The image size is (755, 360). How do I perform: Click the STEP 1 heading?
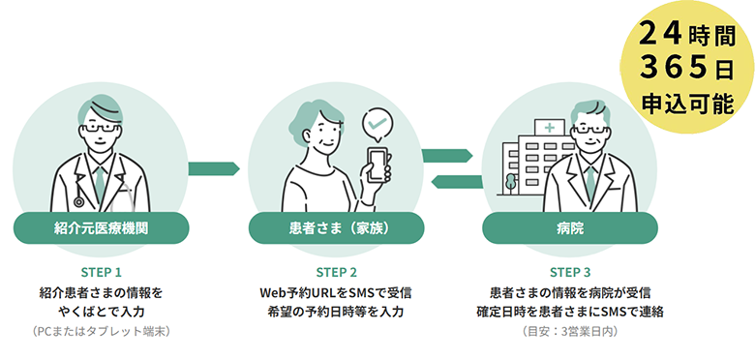(x=101, y=272)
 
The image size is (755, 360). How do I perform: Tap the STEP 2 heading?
(x=337, y=272)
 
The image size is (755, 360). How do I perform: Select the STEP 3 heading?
(x=570, y=272)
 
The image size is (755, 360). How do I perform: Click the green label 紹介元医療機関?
(x=101, y=228)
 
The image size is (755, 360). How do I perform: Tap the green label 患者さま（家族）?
(x=336, y=228)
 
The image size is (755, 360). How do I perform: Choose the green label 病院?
(x=570, y=228)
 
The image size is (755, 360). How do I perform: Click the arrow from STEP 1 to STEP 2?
(x=214, y=169)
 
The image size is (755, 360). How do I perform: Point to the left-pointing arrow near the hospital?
(x=457, y=182)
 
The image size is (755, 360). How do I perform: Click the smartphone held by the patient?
(x=378, y=165)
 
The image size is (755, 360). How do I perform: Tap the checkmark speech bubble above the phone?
(x=377, y=124)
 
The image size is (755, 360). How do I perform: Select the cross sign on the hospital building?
(x=549, y=128)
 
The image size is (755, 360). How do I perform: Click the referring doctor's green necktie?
(x=100, y=183)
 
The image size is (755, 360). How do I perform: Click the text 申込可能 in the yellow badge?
(x=687, y=104)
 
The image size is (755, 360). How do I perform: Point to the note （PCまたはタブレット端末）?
(x=101, y=332)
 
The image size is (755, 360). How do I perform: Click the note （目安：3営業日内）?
(x=570, y=332)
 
